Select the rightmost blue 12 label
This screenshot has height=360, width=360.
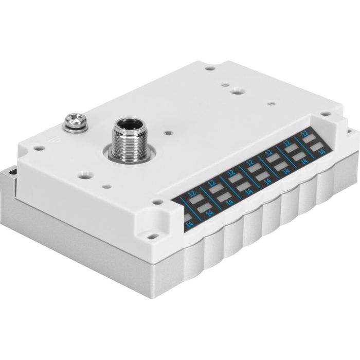pyautogui.click(x=305, y=133)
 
